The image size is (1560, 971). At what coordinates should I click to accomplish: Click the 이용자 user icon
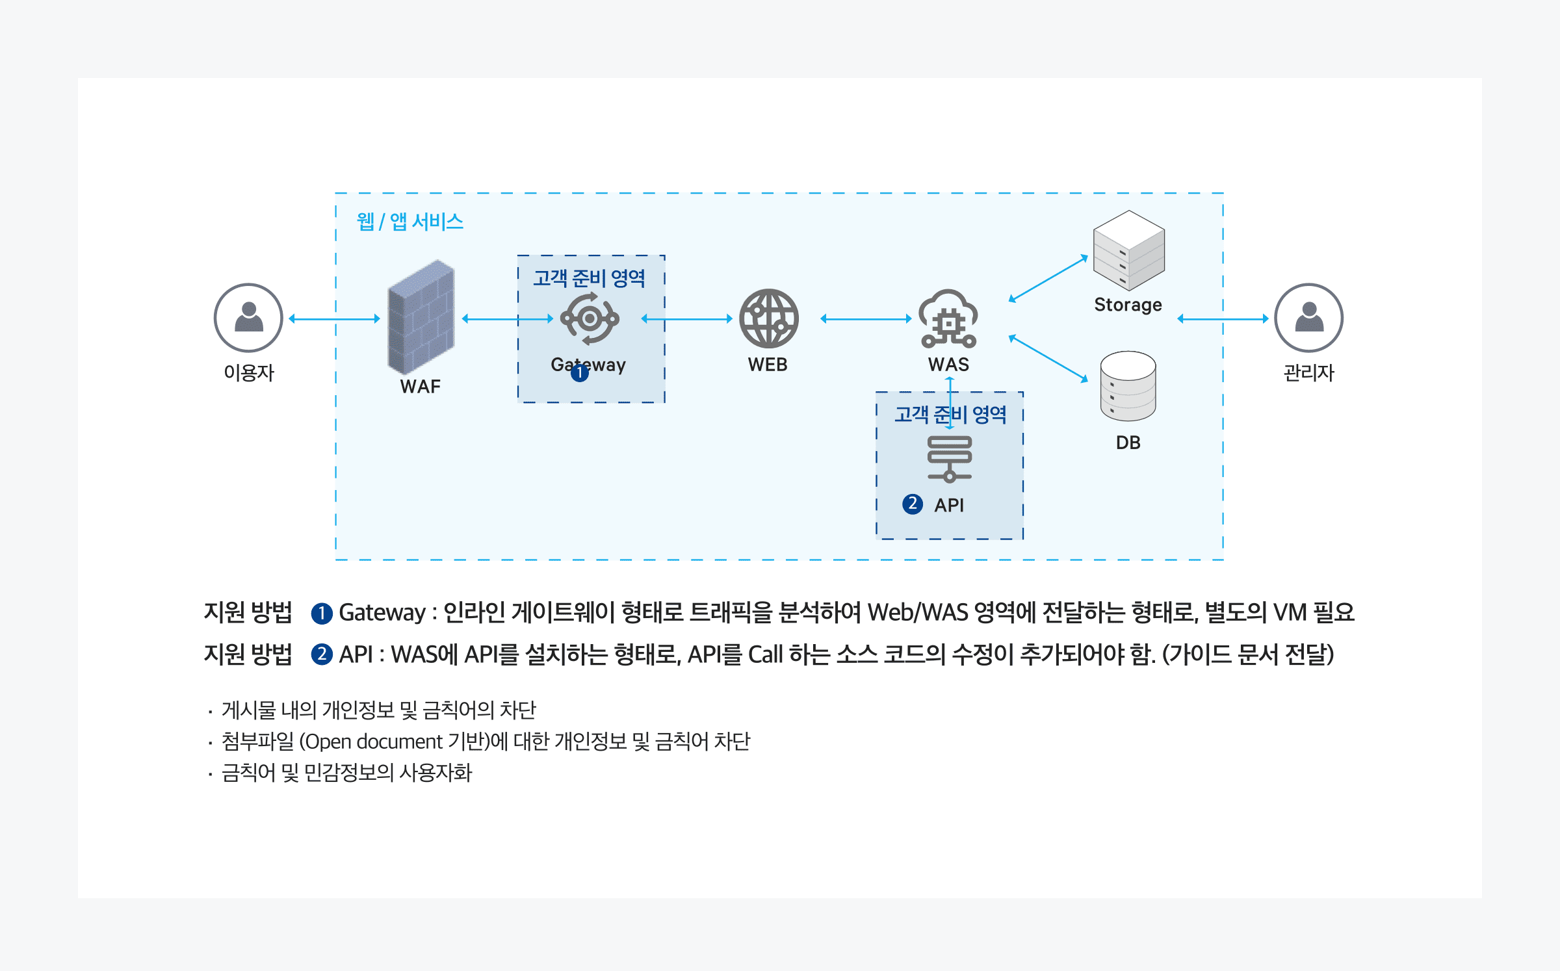tap(248, 317)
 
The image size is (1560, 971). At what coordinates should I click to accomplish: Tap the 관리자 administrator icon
tap(1308, 317)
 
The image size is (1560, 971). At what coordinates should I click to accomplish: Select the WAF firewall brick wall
tap(421, 317)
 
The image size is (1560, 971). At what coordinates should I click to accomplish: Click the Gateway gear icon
tap(590, 318)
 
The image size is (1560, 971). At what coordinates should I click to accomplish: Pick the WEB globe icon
tap(768, 318)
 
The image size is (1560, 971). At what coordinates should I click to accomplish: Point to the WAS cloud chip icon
tap(948, 318)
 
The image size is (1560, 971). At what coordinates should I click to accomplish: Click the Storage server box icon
tap(1128, 250)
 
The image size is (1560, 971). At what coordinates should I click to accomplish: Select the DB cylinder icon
tap(1128, 386)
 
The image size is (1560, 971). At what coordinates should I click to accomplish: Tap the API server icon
tap(949, 459)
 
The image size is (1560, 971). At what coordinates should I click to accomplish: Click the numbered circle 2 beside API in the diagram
tap(913, 504)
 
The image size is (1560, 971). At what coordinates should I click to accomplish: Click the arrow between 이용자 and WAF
tap(334, 318)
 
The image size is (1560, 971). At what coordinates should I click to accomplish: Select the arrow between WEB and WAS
tap(866, 318)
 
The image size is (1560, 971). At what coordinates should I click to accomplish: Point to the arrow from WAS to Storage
tap(1048, 279)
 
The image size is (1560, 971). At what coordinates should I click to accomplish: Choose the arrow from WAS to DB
tap(1048, 358)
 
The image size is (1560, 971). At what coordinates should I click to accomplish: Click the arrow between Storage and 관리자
tap(1223, 318)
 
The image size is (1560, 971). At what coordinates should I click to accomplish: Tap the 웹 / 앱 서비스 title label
tap(409, 222)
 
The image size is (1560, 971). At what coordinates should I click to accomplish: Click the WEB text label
tap(768, 365)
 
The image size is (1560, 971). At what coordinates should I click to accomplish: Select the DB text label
tap(1128, 443)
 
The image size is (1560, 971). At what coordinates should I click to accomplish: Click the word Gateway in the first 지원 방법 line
tap(382, 612)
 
